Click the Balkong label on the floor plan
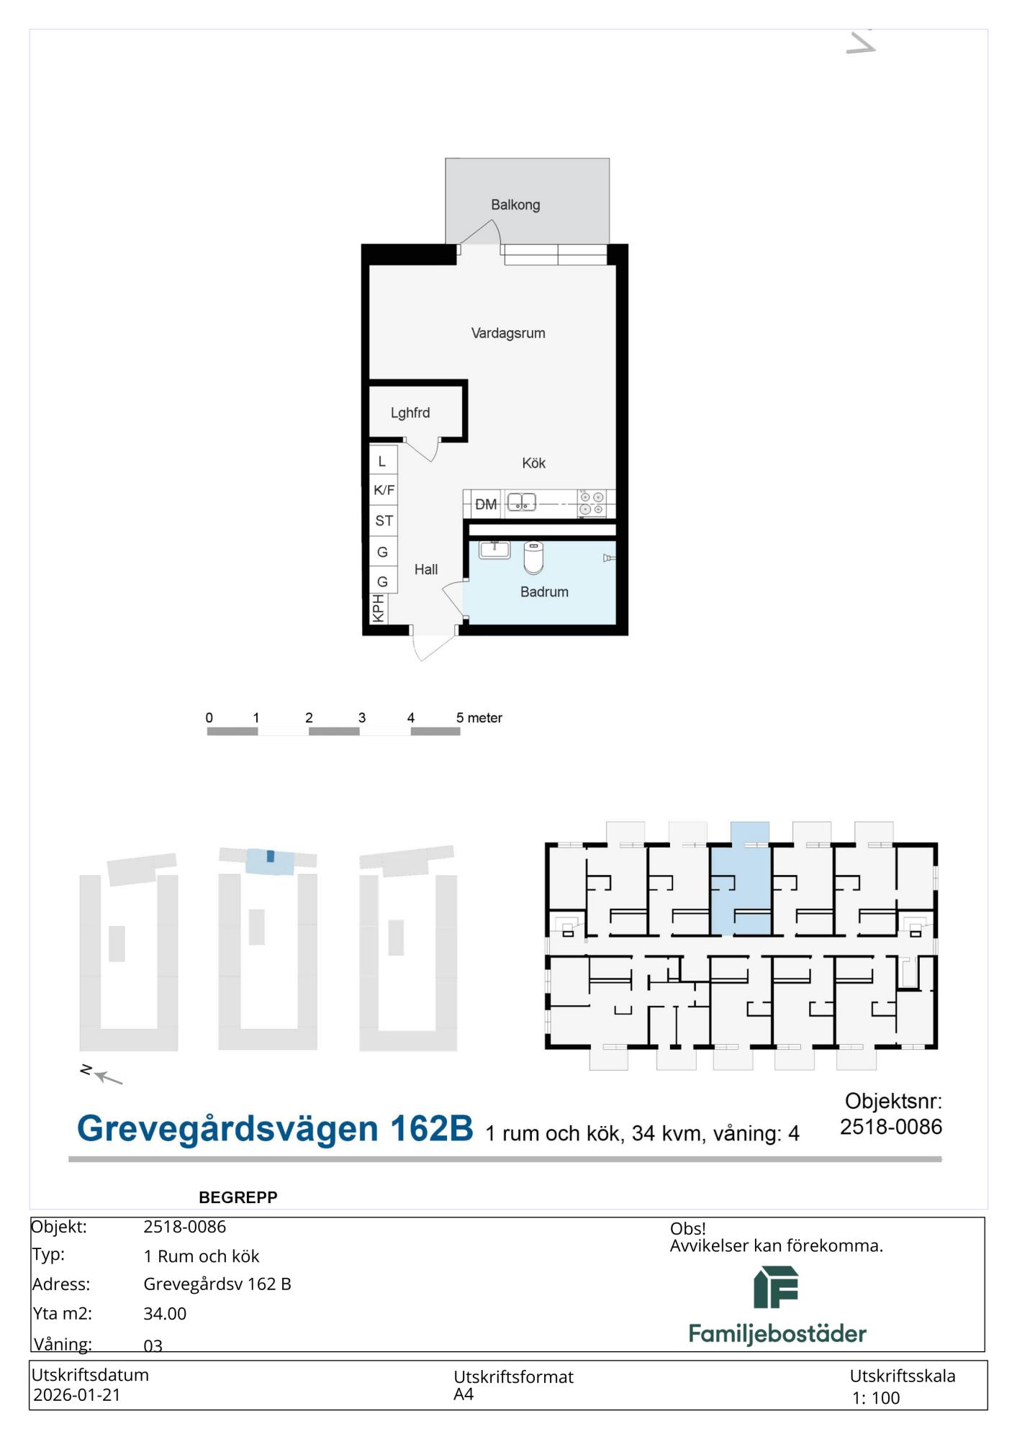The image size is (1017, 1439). tap(515, 205)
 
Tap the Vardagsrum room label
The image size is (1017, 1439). tap(508, 333)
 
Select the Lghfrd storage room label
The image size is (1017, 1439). tap(410, 413)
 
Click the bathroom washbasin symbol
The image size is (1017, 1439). tap(494, 550)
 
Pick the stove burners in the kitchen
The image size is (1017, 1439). tap(592, 503)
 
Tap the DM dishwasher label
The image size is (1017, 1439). tap(486, 504)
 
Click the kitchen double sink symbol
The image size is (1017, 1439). tap(522, 502)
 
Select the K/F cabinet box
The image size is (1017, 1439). tap(384, 489)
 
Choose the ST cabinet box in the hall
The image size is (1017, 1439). tap(384, 520)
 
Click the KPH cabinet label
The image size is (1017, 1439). tap(378, 608)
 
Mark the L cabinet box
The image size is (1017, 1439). tap(384, 460)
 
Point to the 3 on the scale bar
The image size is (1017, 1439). tap(362, 718)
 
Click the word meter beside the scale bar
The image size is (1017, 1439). tap(485, 718)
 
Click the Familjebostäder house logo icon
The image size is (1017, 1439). tap(776, 1287)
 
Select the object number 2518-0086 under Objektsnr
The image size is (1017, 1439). tap(891, 1127)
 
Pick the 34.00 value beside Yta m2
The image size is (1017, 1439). tap(165, 1314)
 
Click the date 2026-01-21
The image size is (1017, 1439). tap(77, 1395)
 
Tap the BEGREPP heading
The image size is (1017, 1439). tap(238, 1197)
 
